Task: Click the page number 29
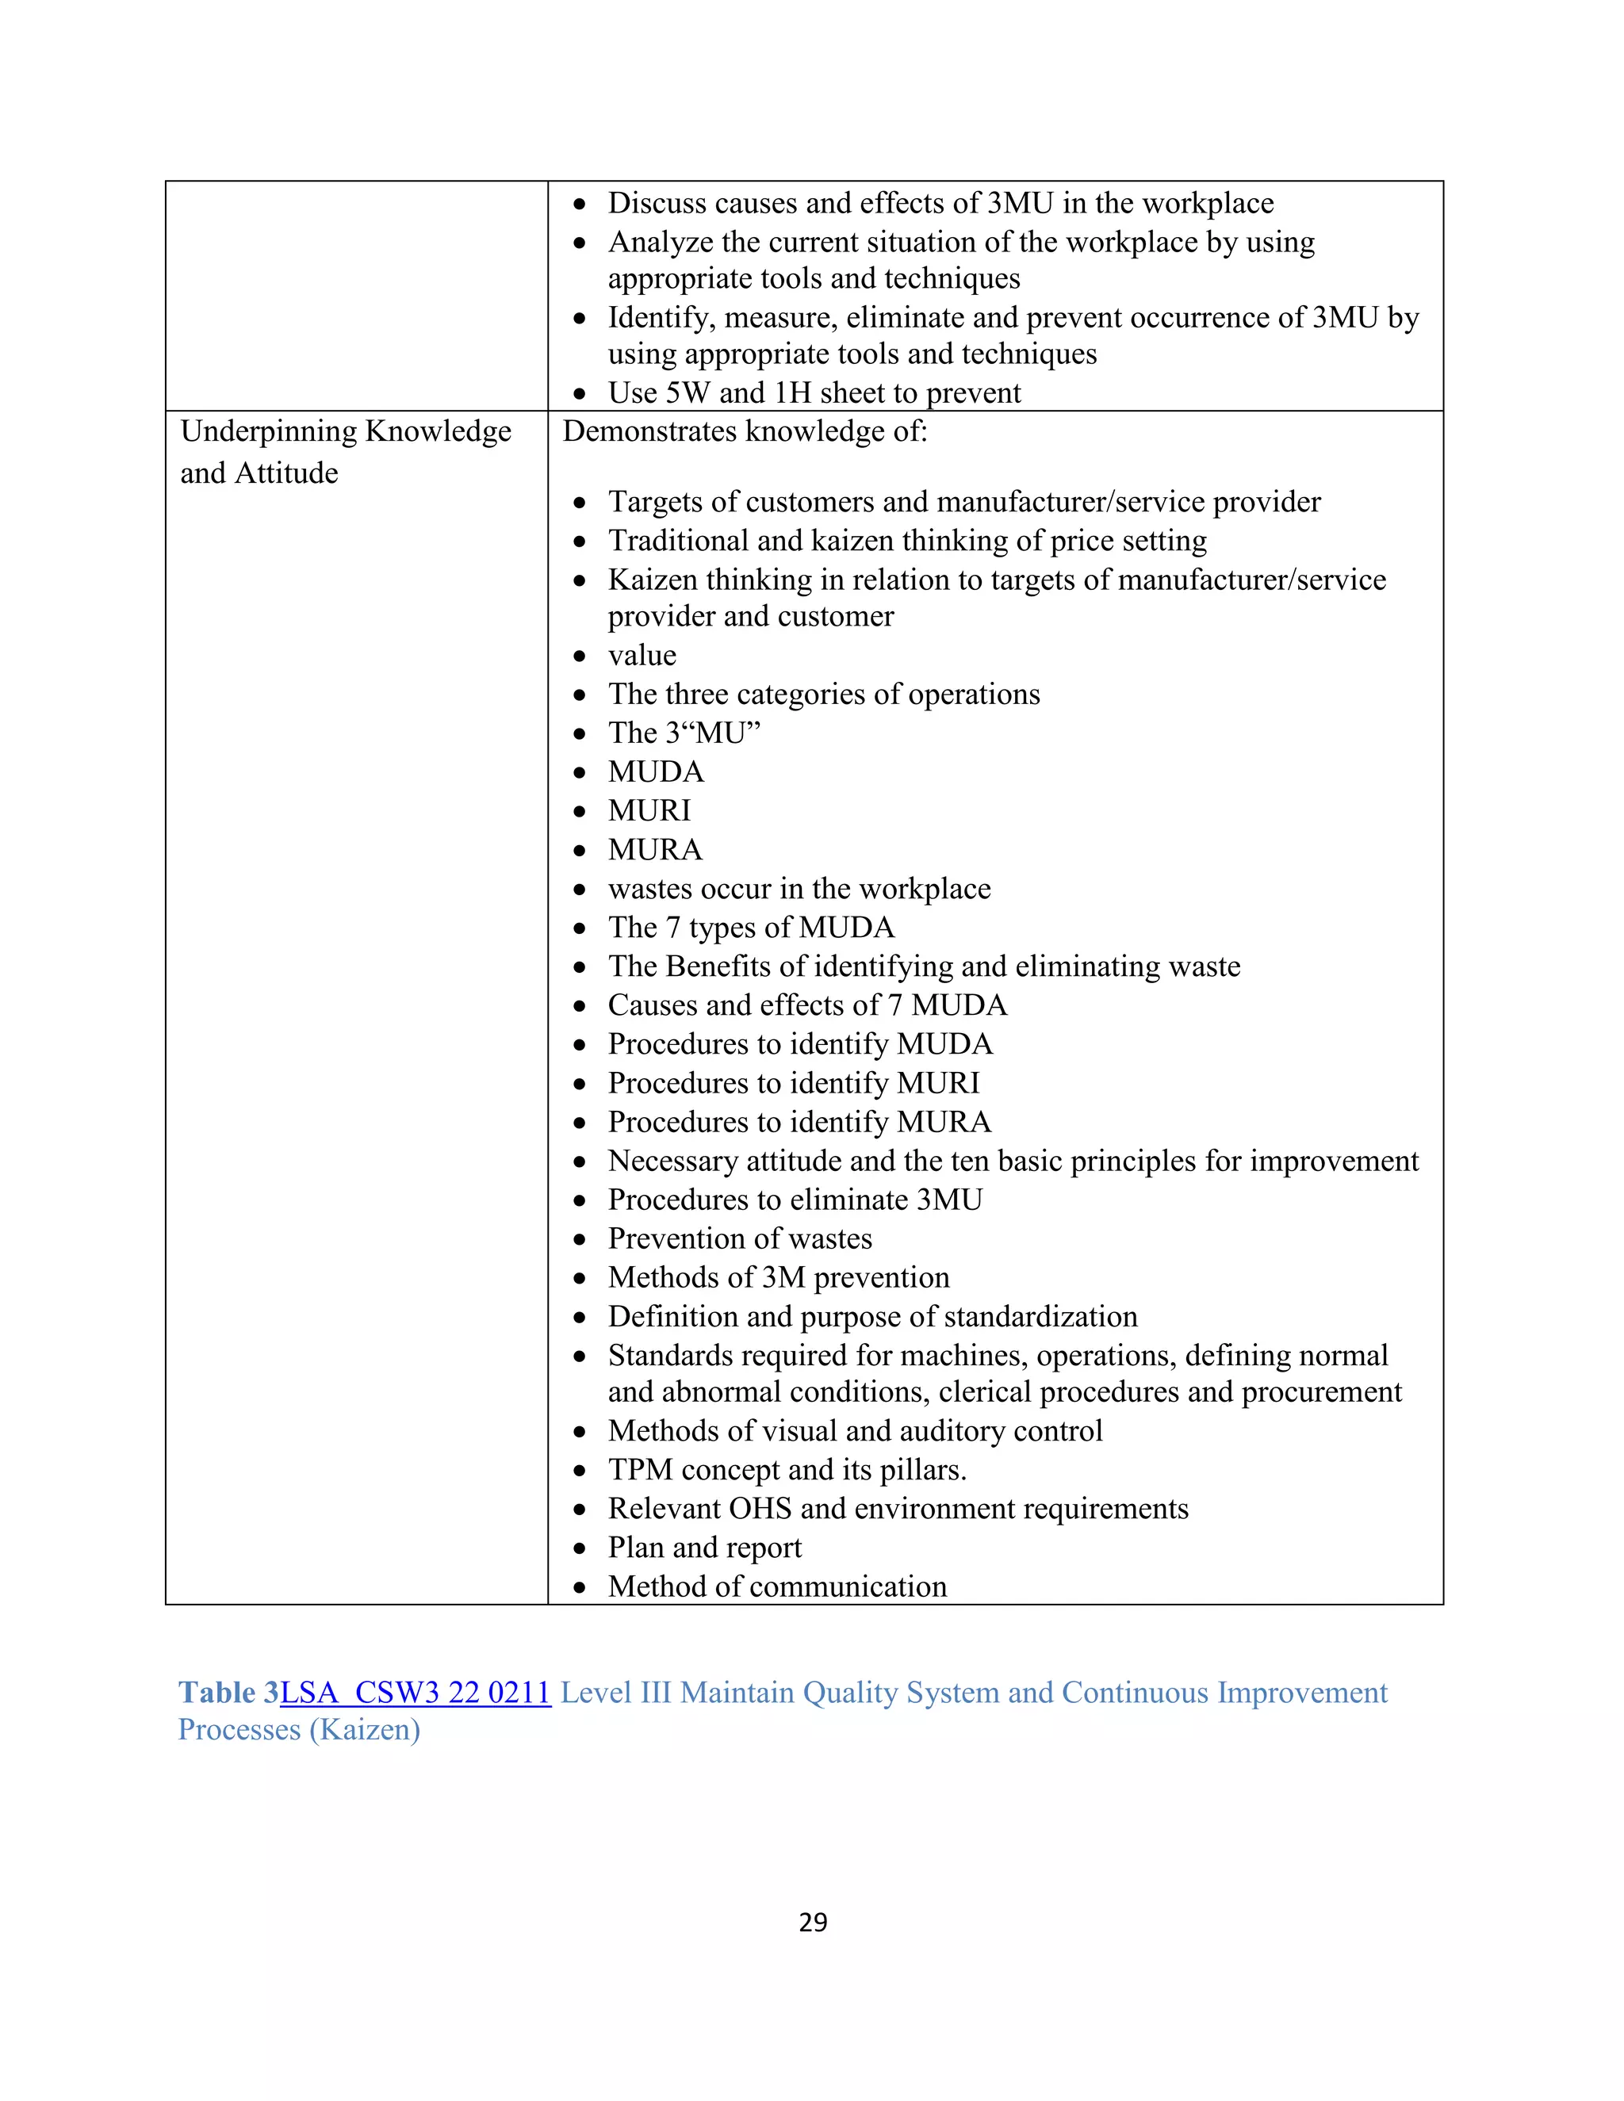(813, 1922)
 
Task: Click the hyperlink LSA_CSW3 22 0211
(416, 1692)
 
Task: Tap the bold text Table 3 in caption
(229, 1692)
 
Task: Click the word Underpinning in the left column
(269, 432)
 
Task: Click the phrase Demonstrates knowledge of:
(745, 431)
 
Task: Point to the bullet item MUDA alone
(656, 771)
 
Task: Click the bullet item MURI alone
(649, 811)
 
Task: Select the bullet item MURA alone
(655, 849)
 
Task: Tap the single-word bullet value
(642, 655)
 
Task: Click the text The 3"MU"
(684, 733)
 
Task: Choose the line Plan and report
(704, 1547)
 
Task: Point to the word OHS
(760, 1509)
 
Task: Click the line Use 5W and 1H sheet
(814, 392)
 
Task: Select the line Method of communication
(777, 1586)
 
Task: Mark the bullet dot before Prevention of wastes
(579, 1240)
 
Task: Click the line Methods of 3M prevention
(779, 1277)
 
